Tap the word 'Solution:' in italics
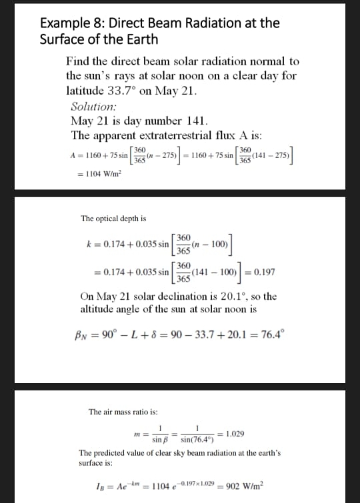[x=93, y=106]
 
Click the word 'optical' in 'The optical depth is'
[x=111, y=219]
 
